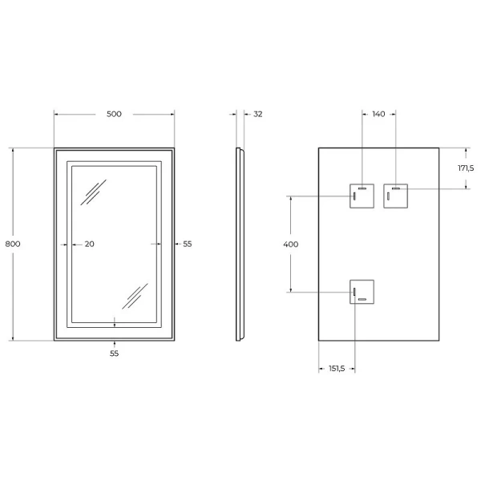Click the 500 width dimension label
[x=114, y=114]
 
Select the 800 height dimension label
[x=12, y=244]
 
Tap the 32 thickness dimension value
[x=257, y=114]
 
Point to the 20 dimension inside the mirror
[x=89, y=244]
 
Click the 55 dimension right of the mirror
[x=188, y=244]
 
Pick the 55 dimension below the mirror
[x=114, y=353]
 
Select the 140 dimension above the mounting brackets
[x=378, y=114]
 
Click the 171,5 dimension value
[x=466, y=168]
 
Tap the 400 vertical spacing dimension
[x=291, y=244]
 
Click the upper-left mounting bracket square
[x=362, y=196]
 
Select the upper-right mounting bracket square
[x=396, y=196]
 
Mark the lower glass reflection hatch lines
[x=134, y=295]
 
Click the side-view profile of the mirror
[x=239, y=244]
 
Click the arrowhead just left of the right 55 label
[x=176, y=244]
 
